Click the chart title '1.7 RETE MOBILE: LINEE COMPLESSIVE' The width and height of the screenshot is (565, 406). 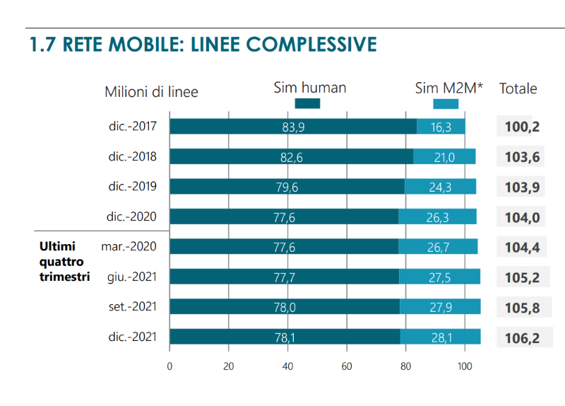pyautogui.click(x=203, y=45)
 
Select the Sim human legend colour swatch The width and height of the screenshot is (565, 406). pyautogui.click(x=307, y=104)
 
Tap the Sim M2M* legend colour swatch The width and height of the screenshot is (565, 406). pyautogui.click(x=445, y=104)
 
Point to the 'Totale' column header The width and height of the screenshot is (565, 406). pyautogui.click(x=518, y=89)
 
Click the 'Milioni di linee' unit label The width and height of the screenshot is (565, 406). pyautogui.click(x=151, y=92)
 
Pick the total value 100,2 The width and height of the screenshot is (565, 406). pyautogui.click(x=522, y=127)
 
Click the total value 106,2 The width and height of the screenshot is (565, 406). pyautogui.click(x=522, y=338)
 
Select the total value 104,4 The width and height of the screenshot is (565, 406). pyautogui.click(x=522, y=247)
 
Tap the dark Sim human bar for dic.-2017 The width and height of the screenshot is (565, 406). pyautogui.click(x=292, y=127)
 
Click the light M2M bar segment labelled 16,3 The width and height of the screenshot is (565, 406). pyautogui.click(x=441, y=127)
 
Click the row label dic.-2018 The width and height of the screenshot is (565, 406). pyautogui.click(x=132, y=156)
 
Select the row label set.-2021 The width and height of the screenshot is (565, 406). pyautogui.click(x=132, y=306)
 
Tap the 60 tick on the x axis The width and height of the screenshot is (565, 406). pyautogui.click(x=347, y=366)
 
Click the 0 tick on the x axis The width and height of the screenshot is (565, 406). pyautogui.click(x=169, y=366)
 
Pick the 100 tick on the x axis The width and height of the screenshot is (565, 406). pyautogui.click(x=465, y=366)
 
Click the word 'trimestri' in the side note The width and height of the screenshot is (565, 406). pyautogui.click(x=64, y=277)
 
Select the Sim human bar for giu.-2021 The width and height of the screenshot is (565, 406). pyautogui.click(x=284, y=277)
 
